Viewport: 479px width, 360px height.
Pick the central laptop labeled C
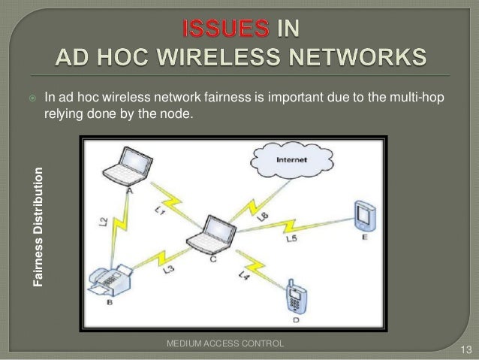point(208,234)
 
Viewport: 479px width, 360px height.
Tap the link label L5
point(293,239)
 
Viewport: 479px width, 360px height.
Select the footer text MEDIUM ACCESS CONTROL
point(225,343)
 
